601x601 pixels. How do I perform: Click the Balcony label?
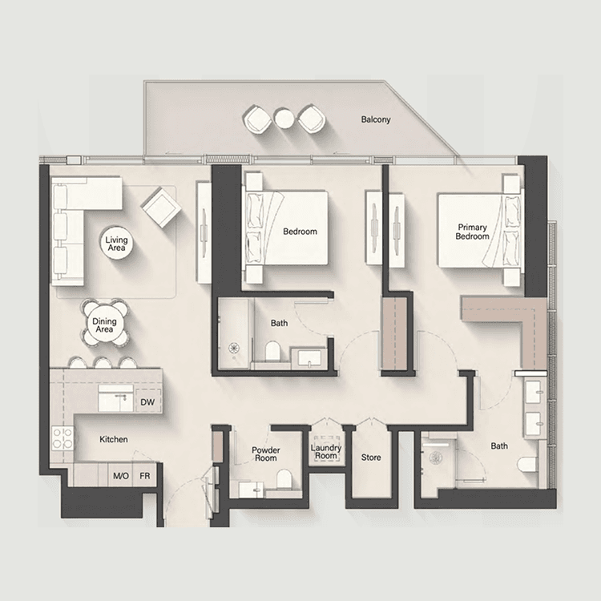click(375, 119)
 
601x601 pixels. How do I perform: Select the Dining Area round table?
click(105, 326)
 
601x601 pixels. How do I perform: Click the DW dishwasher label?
click(147, 401)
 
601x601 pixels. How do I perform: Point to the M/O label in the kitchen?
click(121, 476)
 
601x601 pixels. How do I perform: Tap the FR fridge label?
click(144, 476)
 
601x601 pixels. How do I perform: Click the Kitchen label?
click(114, 439)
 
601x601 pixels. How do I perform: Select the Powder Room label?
click(264, 454)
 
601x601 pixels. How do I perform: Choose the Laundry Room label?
click(326, 452)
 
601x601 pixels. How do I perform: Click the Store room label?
click(371, 458)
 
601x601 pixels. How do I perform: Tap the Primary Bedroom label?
click(472, 232)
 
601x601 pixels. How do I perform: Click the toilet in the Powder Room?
click(283, 479)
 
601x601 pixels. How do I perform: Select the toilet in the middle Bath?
click(272, 351)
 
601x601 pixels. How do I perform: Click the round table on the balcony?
click(284, 119)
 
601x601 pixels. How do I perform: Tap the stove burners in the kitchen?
click(63, 439)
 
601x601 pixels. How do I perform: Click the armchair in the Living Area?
click(159, 206)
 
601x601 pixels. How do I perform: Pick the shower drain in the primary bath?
click(437, 458)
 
